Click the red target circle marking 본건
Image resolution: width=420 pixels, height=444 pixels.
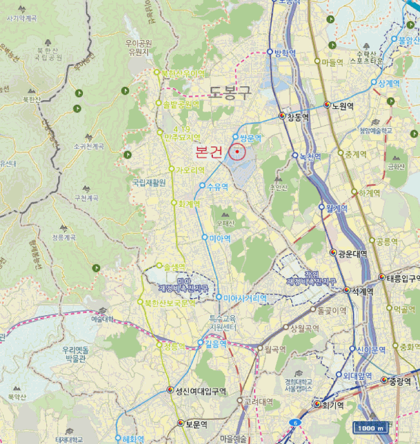coord(238,152)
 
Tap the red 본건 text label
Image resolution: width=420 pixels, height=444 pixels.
coord(209,152)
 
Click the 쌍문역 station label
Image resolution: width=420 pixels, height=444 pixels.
coord(250,137)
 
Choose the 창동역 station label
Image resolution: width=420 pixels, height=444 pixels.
coord(297,117)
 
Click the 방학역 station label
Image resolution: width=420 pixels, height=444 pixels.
coord(284,53)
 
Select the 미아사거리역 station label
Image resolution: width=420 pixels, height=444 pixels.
coord(245,297)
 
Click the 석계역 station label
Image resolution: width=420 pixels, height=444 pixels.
coord(362,291)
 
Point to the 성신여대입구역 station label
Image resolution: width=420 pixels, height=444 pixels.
coord(201,390)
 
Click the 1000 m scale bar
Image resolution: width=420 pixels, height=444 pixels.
coord(370,427)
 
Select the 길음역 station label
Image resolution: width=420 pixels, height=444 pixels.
coord(217,344)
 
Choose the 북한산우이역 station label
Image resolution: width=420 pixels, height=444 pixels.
coord(182,74)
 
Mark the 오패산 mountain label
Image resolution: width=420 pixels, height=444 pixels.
coord(225,223)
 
